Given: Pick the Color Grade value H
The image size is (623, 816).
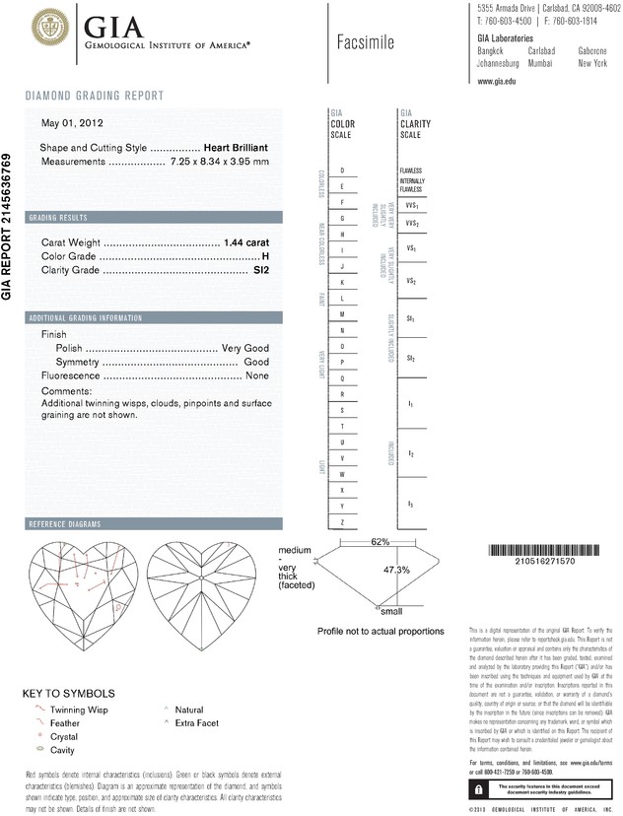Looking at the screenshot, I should tap(265, 255).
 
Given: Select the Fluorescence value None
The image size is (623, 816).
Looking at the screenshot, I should tap(257, 375).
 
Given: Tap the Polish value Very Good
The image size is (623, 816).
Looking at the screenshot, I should tap(245, 348).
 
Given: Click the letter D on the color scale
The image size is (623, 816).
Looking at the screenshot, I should tap(341, 170).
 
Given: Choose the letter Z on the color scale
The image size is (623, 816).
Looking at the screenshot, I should tap(341, 521).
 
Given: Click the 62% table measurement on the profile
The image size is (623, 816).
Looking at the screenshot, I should tap(353, 542).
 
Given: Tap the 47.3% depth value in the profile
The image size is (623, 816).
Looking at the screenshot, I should tap(369, 570).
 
